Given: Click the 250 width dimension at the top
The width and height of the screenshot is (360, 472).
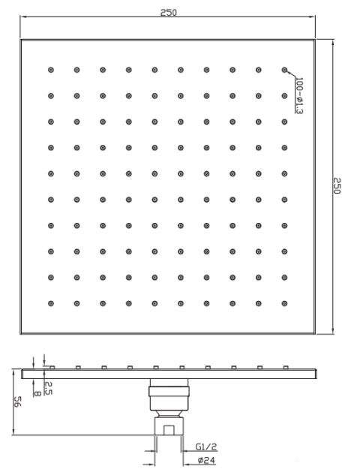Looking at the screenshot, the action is pyautogui.click(x=169, y=13).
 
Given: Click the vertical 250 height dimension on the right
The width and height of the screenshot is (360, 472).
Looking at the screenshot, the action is pyautogui.click(x=337, y=186).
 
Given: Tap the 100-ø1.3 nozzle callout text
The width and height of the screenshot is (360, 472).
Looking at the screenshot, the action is pyautogui.click(x=299, y=95).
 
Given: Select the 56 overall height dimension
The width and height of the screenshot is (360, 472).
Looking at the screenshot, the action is pyautogui.click(x=17, y=401).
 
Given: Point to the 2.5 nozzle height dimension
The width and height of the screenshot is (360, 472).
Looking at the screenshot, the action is pyautogui.click(x=48, y=388).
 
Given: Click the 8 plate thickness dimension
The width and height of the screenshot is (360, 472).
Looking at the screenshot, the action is pyautogui.click(x=37, y=393).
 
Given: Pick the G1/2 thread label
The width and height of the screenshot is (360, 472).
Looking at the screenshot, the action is pyautogui.click(x=206, y=446).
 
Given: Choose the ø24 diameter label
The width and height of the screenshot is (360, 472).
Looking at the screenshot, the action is pyautogui.click(x=206, y=460).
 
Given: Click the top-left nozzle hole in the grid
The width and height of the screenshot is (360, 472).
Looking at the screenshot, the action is pyautogui.click(x=51, y=70).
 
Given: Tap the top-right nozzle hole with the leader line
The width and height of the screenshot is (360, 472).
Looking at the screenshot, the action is pyautogui.click(x=284, y=70).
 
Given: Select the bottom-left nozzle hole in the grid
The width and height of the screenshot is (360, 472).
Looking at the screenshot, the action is pyautogui.click(x=51, y=303).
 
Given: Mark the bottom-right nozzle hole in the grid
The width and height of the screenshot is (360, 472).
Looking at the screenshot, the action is pyautogui.click(x=284, y=303).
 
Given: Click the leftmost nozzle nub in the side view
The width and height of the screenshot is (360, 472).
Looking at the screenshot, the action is pyautogui.click(x=52, y=368).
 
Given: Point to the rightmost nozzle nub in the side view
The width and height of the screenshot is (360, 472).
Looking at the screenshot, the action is pyautogui.click(x=286, y=368).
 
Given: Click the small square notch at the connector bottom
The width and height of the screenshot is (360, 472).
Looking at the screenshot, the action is pyautogui.click(x=169, y=430).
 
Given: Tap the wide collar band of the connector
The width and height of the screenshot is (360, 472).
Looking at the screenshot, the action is pyautogui.click(x=169, y=391).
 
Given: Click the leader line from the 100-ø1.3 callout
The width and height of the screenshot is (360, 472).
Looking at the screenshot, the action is pyautogui.click(x=291, y=74).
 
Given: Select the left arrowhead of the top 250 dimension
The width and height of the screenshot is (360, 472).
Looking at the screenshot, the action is pyautogui.click(x=23, y=17).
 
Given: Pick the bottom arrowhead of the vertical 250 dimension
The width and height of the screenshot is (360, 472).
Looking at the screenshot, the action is pyautogui.click(x=333, y=330).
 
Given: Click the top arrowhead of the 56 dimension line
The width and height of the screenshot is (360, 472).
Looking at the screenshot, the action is pyautogui.click(x=13, y=373).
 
